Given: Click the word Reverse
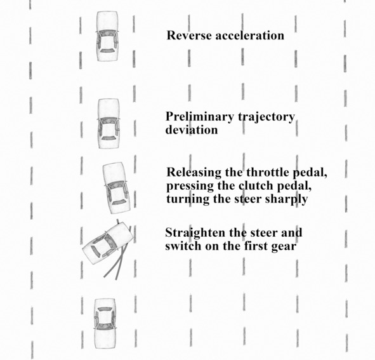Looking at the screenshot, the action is coord(189,35).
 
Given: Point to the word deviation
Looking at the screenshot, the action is coord(192,130).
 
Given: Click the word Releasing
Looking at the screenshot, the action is coord(194,173).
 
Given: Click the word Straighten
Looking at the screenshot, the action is coord(195,233).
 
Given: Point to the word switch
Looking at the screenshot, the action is coord(183,246).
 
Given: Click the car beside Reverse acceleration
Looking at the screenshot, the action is coord(107,36).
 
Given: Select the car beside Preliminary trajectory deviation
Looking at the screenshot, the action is coord(109,124).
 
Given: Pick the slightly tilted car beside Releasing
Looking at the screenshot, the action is coord(116,188).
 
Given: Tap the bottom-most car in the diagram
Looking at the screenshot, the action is coord(105,323).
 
